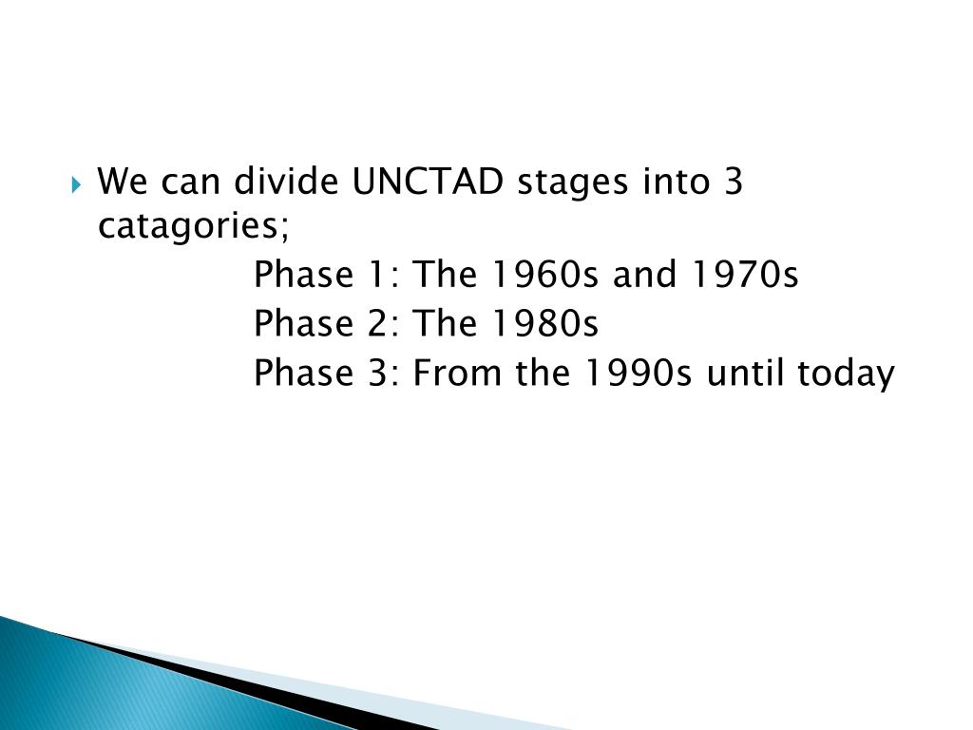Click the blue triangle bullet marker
click(x=76, y=184)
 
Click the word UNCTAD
click(x=427, y=182)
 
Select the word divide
click(x=286, y=181)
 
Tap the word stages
click(x=572, y=183)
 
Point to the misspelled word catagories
click(x=194, y=226)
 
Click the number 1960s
click(x=544, y=275)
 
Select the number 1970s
click(x=744, y=275)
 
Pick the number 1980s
click(x=544, y=323)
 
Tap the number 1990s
click(x=638, y=373)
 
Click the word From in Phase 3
click(x=457, y=373)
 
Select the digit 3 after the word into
click(x=733, y=182)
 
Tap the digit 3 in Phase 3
click(x=377, y=373)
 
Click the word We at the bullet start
click(x=123, y=182)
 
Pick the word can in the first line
click(x=190, y=184)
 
